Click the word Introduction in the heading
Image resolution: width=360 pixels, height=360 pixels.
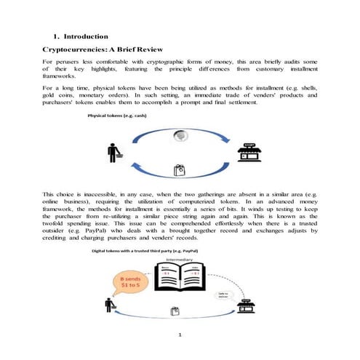click(x=87, y=36)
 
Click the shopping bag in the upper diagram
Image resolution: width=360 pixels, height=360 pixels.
click(x=180, y=172)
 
